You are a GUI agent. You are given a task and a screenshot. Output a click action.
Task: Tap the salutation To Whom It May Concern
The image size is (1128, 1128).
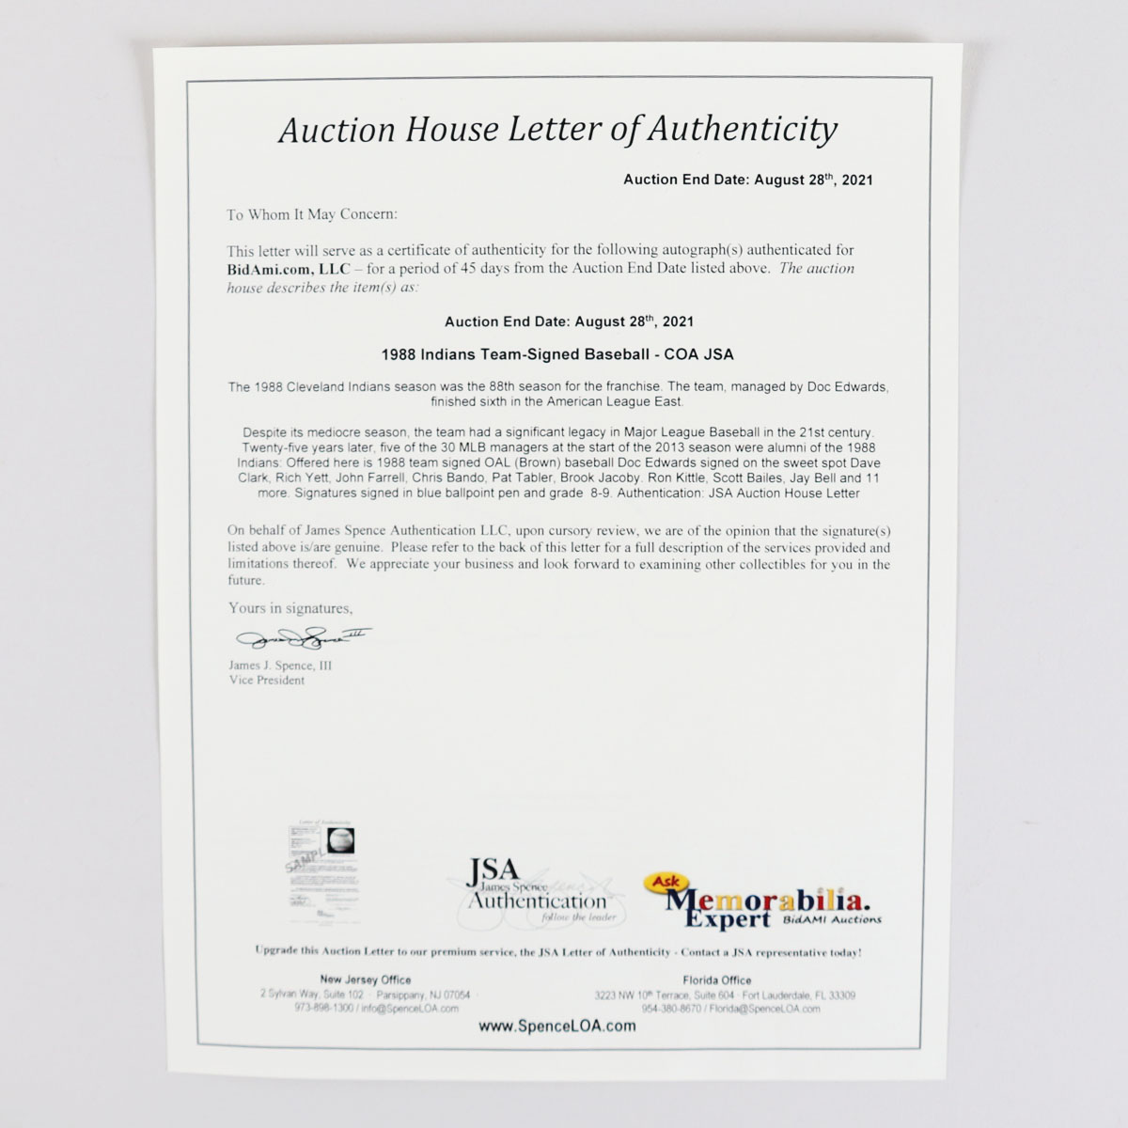312,214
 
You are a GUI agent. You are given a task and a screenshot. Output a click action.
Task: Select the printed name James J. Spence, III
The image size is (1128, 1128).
280,666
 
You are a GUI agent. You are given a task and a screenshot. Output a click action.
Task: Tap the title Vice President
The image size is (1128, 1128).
267,681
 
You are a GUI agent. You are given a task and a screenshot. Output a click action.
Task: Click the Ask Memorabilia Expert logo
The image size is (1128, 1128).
760,899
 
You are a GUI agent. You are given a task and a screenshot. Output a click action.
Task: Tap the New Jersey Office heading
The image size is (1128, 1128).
365,979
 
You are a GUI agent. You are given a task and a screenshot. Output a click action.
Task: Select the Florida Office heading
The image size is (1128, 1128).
716,979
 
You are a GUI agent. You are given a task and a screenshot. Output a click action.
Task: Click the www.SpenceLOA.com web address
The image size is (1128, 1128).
556,1026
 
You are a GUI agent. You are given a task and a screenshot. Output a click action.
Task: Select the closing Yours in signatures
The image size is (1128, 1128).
290,608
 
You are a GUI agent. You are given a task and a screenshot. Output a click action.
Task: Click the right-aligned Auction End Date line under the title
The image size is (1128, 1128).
747,180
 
